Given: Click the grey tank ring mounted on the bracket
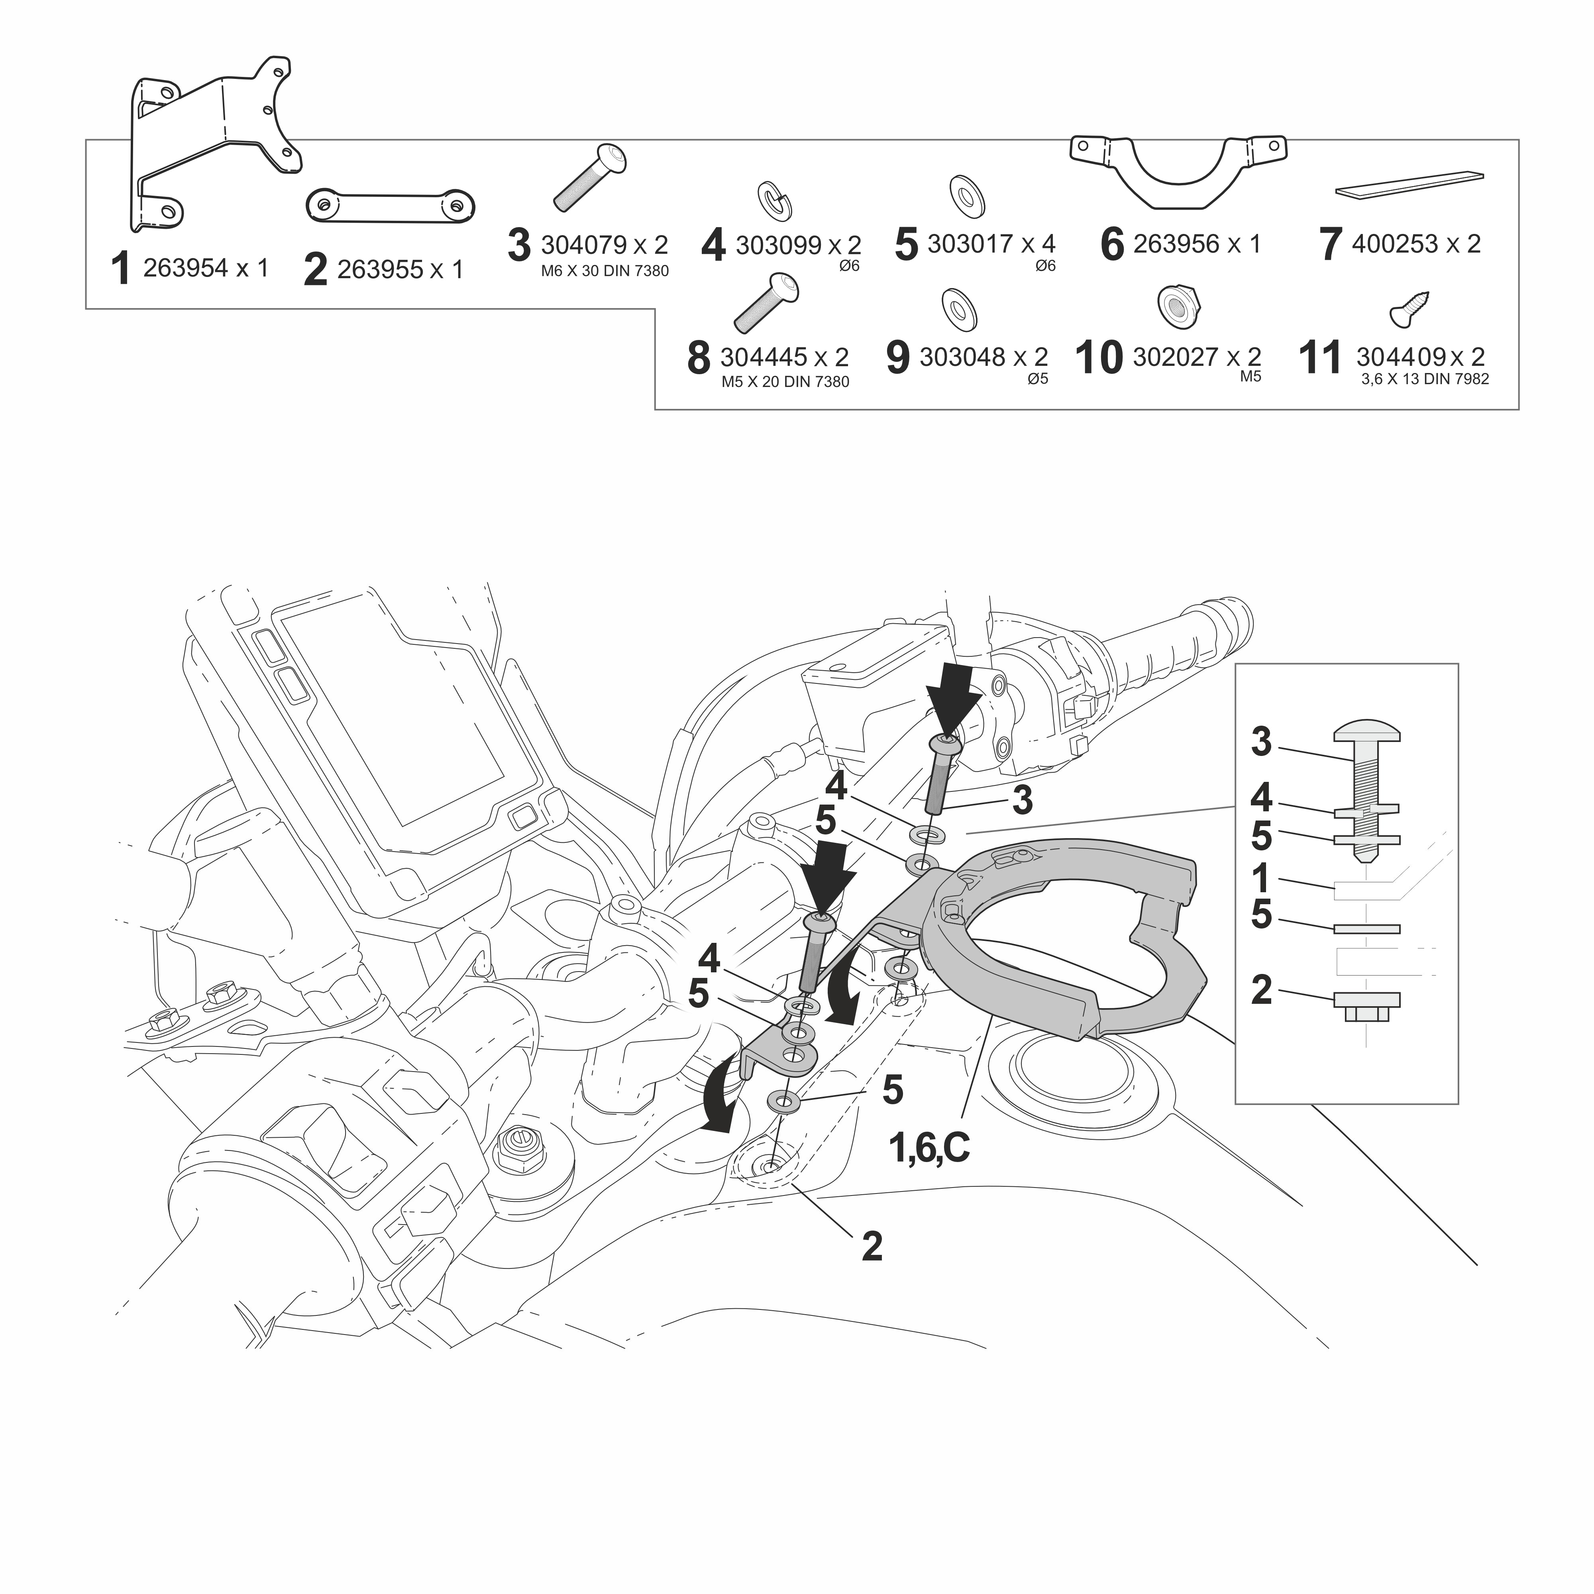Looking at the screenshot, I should [1073, 949].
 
